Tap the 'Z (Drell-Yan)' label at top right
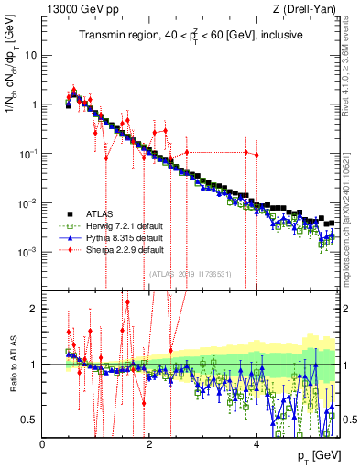click(x=311, y=10)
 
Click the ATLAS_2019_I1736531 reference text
click(x=191, y=272)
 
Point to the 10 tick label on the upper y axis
click(x=30, y=54)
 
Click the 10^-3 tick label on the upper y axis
click(x=27, y=251)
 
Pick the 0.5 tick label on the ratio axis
click(x=28, y=420)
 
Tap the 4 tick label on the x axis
click(x=256, y=444)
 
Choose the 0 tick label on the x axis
click(x=42, y=444)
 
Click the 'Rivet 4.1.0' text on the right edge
click(x=351, y=64)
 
